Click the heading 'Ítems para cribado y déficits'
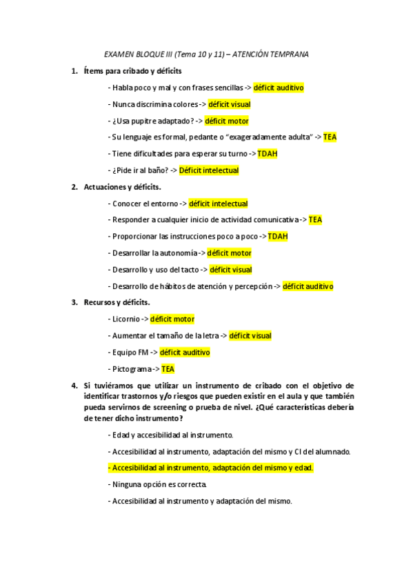tap(132, 71)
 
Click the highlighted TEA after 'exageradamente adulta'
tap(330, 137)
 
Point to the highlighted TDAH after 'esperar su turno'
tap(268, 154)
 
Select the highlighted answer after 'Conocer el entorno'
tap(218, 204)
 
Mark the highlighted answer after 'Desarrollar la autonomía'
tap(229, 253)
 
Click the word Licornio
tap(125, 319)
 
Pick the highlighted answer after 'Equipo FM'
tap(185, 353)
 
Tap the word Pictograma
tap(130, 369)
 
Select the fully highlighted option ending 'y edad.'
tap(210, 468)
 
